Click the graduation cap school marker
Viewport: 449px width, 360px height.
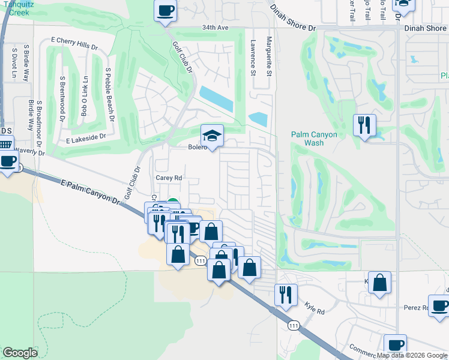click(x=212, y=136)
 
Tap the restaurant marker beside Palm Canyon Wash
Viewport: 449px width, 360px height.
click(x=364, y=125)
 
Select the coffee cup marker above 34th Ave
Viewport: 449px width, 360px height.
click(x=166, y=10)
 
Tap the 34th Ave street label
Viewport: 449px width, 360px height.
click(x=216, y=28)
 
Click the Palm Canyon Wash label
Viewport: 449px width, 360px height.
click(x=315, y=139)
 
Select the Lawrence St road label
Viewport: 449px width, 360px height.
click(x=253, y=58)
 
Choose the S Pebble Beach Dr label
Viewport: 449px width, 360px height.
click(x=109, y=94)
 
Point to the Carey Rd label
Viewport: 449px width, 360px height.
click(x=169, y=178)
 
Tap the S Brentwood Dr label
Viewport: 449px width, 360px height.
click(x=62, y=98)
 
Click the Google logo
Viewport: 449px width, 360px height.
click(x=20, y=353)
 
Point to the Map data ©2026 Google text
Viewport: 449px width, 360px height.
click(x=412, y=355)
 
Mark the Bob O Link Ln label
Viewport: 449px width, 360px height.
click(x=85, y=96)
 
